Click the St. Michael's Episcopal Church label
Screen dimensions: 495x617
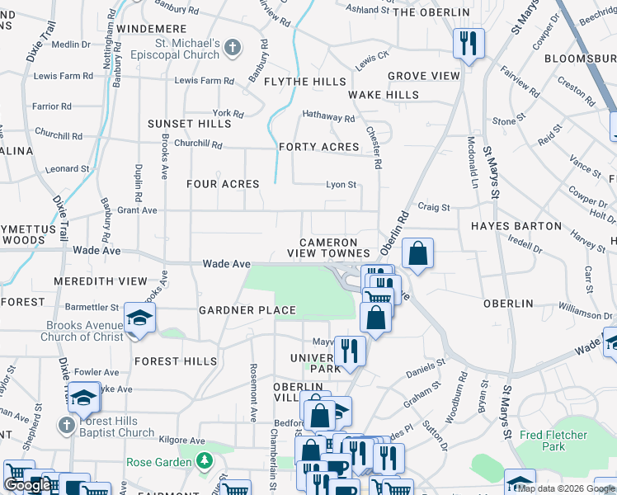click(x=187, y=49)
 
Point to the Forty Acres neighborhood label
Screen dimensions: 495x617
click(x=319, y=147)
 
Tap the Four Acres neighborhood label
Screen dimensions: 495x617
click(x=223, y=184)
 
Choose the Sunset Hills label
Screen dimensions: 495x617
click(x=190, y=124)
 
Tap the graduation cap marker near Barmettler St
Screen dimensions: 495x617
click(x=139, y=318)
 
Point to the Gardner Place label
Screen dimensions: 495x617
click(x=247, y=310)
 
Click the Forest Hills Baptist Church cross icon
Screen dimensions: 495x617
click(x=67, y=426)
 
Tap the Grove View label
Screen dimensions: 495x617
click(x=424, y=76)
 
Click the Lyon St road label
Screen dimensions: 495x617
click(x=341, y=185)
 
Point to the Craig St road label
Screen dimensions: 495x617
click(x=434, y=208)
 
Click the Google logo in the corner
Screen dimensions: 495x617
click(x=27, y=485)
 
